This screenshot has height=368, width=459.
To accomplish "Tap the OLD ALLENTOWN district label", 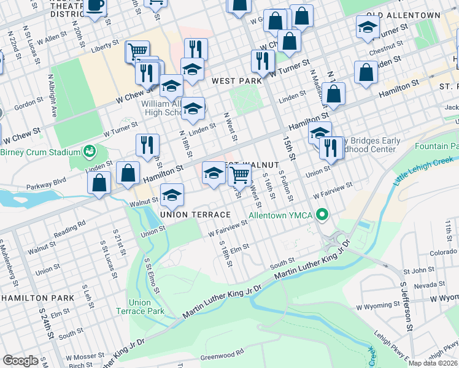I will click(x=403, y=15).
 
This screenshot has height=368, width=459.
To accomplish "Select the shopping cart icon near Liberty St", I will click(x=137, y=50).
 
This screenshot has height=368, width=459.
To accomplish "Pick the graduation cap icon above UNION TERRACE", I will click(x=172, y=194).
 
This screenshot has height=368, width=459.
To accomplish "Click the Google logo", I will click(x=20, y=361).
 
